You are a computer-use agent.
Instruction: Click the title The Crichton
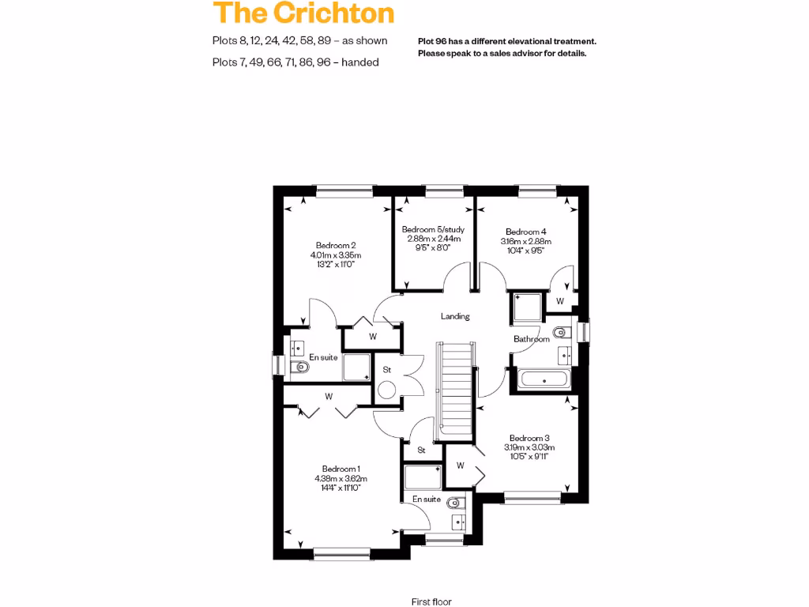pos(303,13)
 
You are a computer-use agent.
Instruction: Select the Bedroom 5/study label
pos(434,229)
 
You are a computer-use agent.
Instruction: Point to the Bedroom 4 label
pos(526,232)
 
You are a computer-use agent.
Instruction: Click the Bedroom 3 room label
pos(529,438)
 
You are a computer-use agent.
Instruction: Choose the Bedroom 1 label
pos(341,469)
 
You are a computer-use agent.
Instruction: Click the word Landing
pos(455,316)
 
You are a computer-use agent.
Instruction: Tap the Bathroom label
pos(531,339)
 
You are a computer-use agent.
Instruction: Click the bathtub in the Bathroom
pos(544,379)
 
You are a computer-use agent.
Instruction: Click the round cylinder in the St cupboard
pos(387,390)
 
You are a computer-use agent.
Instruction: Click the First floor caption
pos(431,601)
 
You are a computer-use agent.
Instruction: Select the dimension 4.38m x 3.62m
pos(341,478)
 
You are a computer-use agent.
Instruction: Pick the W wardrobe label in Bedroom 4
pos(559,301)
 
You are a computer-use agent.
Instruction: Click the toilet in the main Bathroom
pos(560,332)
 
